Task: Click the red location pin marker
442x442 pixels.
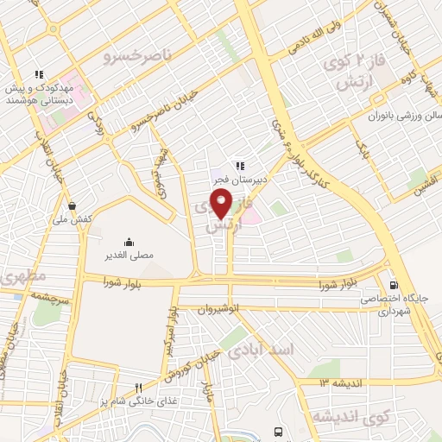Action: click(223, 205)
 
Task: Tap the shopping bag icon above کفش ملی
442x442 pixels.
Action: click(71, 205)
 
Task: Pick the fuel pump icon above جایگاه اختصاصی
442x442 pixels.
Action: click(394, 285)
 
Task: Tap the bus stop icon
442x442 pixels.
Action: click(278, 430)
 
